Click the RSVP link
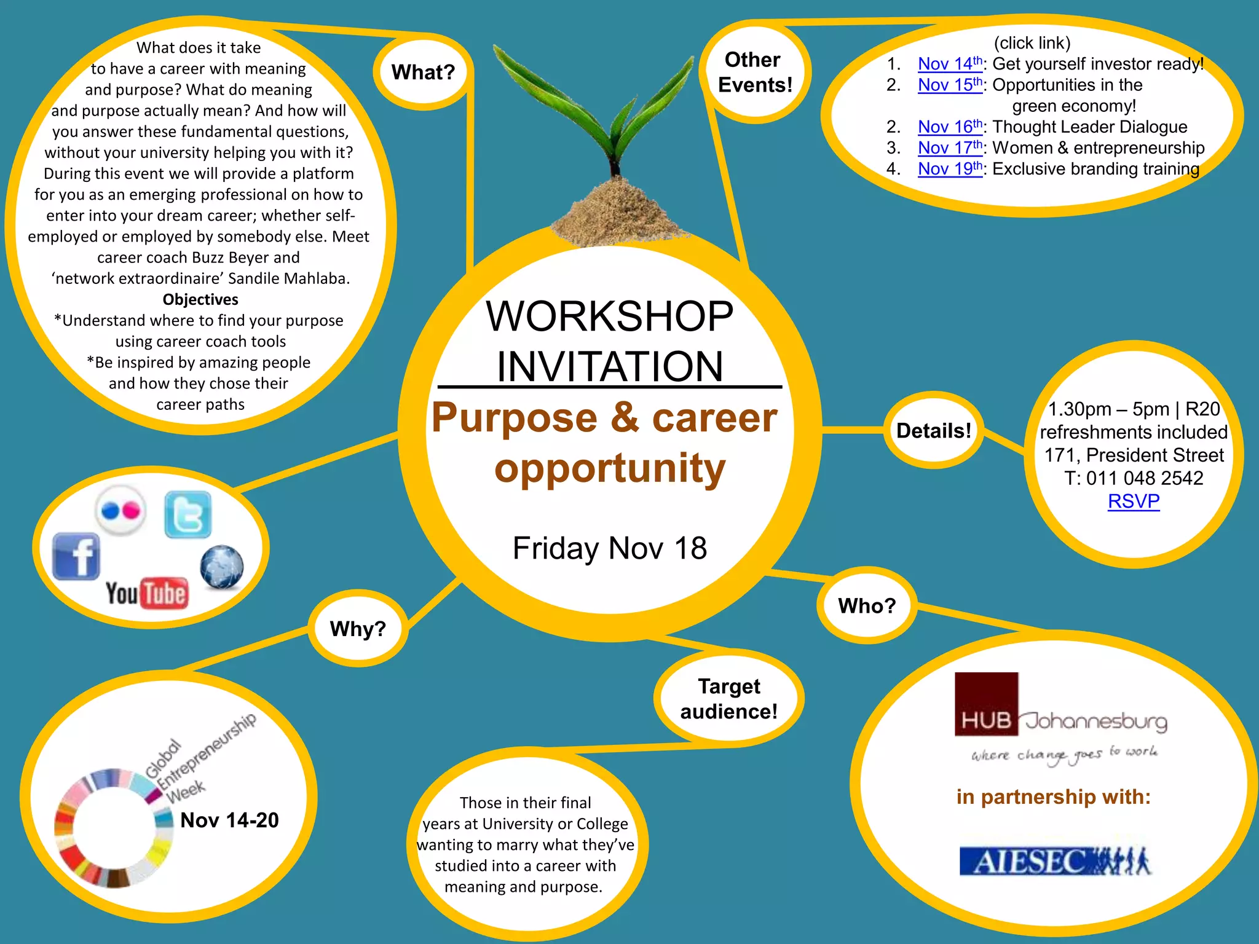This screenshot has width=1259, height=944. click(x=1133, y=502)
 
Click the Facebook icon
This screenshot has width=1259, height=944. click(x=76, y=556)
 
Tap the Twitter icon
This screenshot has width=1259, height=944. click(x=188, y=514)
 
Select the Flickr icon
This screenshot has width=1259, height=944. click(x=121, y=511)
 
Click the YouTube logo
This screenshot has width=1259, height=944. click(x=147, y=593)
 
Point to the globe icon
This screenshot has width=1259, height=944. click(x=222, y=567)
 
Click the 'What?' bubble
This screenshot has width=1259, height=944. click(x=423, y=73)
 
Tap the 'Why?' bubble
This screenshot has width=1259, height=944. click(x=358, y=629)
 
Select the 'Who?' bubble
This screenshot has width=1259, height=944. click(x=867, y=606)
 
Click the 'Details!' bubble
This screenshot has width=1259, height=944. click(x=933, y=430)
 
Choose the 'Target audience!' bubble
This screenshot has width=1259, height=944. click(x=729, y=699)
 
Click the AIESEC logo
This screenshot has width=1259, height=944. click(x=1054, y=861)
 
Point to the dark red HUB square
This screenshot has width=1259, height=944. click(x=986, y=704)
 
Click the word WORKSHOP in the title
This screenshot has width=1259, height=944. click(x=609, y=317)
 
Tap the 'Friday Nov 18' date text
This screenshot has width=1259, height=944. click(x=609, y=548)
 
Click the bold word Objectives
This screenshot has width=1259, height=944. click(x=200, y=299)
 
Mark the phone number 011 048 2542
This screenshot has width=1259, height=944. click(x=1144, y=478)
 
